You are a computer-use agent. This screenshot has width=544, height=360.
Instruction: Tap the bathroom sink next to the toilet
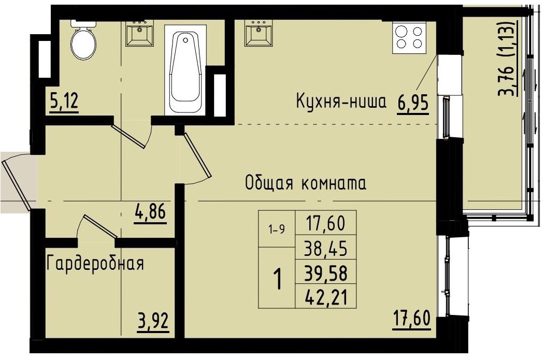coord(139,33)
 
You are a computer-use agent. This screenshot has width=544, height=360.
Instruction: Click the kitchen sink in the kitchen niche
coord(259,33)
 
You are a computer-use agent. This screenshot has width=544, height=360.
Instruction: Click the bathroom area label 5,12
coord(64,101)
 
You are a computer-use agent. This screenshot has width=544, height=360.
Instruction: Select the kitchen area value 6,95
coord(413,103)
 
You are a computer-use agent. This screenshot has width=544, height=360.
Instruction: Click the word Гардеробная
coord(95,264)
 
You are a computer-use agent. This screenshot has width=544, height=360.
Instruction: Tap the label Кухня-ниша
coord(341,102)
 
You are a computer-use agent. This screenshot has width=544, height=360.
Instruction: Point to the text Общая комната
coord(306,183)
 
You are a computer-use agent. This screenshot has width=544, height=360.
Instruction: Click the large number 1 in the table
coord(277,280)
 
